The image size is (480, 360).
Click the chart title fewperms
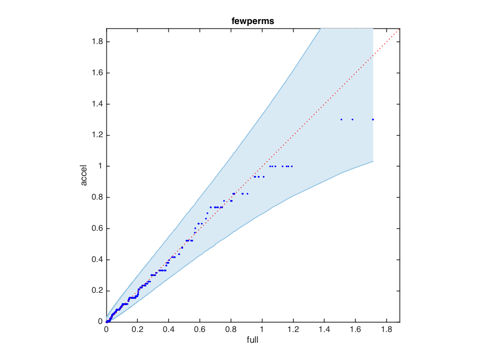point(253,22)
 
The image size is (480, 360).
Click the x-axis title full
point(253,340)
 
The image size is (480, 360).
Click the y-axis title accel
point(84,175)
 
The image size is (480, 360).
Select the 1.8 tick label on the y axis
point(95,42)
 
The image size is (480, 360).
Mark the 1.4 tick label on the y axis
point(95,104)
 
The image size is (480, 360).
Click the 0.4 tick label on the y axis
point(95,260)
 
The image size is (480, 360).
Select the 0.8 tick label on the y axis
point(95,197)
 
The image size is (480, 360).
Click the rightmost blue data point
point(373,119)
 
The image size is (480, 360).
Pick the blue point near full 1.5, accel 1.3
point(341,119)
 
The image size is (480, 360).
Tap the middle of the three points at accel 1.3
point(352,119)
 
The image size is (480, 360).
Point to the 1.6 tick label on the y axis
point(95,73)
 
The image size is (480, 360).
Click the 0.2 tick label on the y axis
point(95,291)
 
